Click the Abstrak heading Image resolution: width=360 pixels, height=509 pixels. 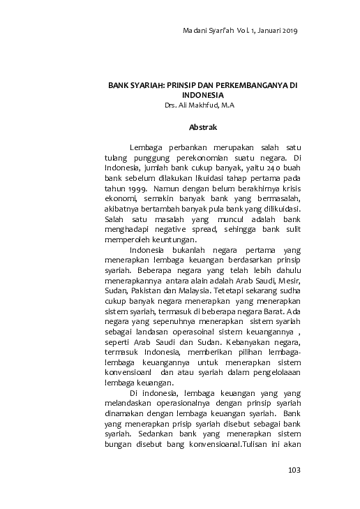pos(203,127)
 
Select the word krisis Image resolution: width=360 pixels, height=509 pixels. pos(286,189)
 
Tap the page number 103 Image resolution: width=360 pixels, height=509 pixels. pos(294,470)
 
